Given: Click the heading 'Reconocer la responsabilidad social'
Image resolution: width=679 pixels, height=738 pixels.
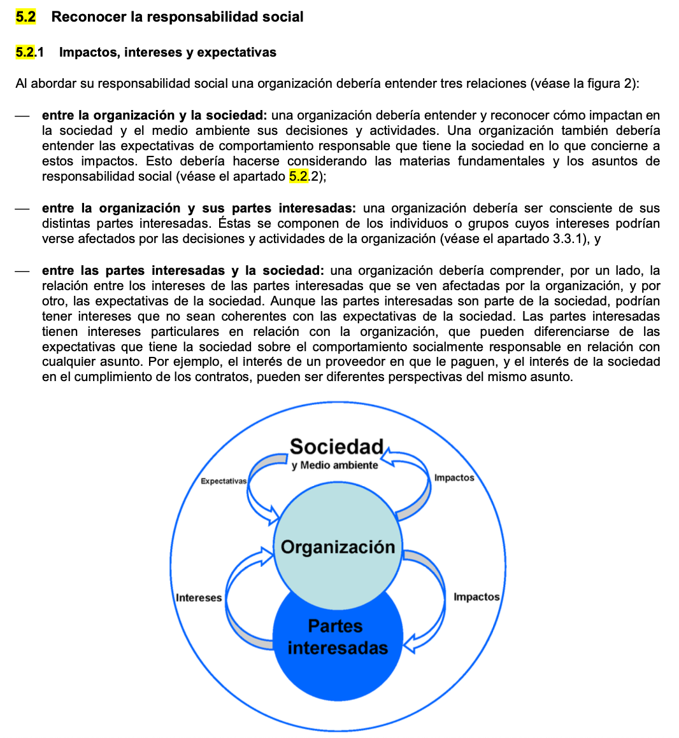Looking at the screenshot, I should [177, 17].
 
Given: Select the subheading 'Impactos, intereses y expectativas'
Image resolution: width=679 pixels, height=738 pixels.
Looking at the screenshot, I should [168, 52].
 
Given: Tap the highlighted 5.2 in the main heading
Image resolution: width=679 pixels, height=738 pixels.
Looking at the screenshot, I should [25, 17].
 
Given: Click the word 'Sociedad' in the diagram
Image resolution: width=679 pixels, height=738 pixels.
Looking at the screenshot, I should [336, 447].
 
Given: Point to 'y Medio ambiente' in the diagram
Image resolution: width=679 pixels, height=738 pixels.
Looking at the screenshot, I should [334, 465].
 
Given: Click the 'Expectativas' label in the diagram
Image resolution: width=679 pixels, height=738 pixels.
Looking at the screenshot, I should [223, 481].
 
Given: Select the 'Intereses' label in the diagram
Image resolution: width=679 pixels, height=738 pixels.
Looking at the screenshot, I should [199, 598].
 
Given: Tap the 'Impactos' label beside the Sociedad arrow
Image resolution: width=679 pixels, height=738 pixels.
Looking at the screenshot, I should [454, 478].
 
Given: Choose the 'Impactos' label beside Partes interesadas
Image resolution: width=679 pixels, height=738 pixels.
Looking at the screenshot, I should [476, 597].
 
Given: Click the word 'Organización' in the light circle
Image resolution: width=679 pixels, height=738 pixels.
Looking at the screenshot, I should [338, 547].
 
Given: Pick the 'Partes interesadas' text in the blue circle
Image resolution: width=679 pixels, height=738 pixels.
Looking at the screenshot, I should [337, 637].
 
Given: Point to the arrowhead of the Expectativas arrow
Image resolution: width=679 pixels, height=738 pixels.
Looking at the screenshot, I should [273, 515].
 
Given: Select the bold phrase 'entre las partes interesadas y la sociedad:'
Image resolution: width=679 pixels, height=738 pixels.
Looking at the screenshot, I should [183, 270].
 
